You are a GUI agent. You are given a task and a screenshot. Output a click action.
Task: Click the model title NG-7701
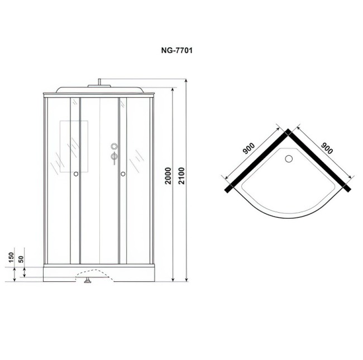176,50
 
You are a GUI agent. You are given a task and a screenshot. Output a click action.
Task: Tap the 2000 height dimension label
168,176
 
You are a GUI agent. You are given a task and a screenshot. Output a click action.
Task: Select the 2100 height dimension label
181,176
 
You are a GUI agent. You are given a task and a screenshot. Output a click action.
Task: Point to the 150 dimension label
11,257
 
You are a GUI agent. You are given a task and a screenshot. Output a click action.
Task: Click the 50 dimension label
21,259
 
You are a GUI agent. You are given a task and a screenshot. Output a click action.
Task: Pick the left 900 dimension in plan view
249,148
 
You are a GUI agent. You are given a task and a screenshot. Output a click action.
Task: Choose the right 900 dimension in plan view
327,148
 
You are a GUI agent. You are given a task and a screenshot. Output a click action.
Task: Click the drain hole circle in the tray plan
289,159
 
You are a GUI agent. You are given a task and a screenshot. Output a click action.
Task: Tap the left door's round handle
76,174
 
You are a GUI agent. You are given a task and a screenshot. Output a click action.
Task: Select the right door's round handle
123,174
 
